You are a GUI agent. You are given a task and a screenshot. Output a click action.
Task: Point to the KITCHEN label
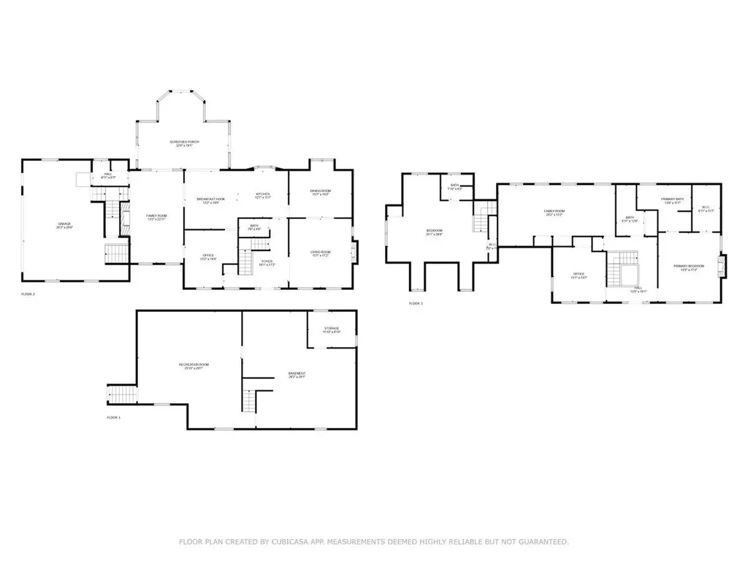pos(262,196)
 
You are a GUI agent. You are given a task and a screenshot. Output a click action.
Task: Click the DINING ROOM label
pos(320,192)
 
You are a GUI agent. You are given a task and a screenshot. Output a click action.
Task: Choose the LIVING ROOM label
pos(320,253)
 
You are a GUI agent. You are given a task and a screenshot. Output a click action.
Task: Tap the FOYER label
pos(267,262)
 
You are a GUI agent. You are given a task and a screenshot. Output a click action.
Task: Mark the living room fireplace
pos(355,253)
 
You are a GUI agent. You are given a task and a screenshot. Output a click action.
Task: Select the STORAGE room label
pos(332,330)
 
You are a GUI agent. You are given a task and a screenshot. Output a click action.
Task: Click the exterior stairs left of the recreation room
pos(123,394)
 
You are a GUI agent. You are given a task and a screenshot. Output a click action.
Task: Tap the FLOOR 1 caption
pos(113,417)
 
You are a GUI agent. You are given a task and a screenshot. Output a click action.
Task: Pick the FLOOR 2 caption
pos(28,294)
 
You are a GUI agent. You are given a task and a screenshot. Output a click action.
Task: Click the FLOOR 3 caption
pos(416,303)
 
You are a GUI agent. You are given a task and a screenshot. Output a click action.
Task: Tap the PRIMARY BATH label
pos(672,200)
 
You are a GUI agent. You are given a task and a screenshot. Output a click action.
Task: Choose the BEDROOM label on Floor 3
pos(435,232)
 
